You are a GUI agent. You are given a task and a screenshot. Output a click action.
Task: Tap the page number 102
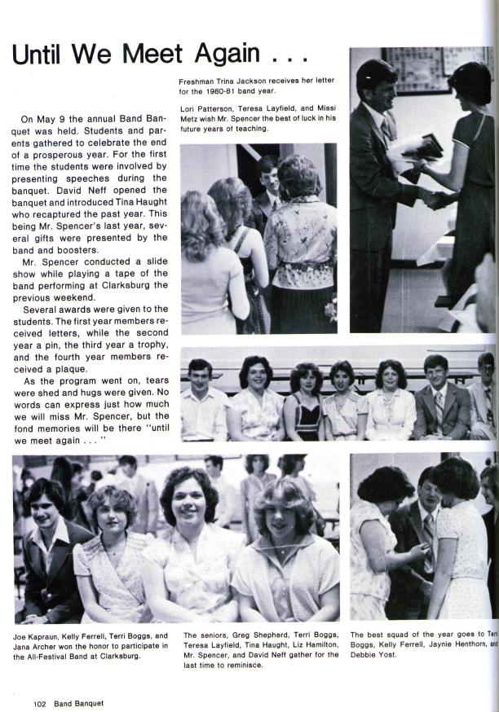[x=41, y=702]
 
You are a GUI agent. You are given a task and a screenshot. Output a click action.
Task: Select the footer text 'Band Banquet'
[x=79, y=702]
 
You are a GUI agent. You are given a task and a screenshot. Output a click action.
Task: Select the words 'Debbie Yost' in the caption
[x=372, y=655]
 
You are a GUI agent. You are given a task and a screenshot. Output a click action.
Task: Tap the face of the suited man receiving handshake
[x=378, y=85]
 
